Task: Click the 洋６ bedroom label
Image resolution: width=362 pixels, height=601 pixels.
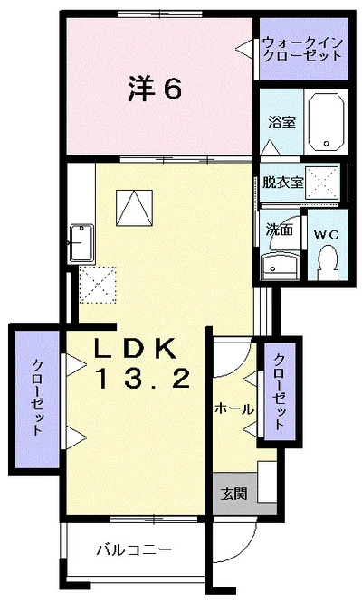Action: pos(156,89)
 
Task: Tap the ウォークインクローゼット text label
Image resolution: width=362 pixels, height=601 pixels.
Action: pos(301,48)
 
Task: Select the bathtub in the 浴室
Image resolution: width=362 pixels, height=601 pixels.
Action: pos(325,122)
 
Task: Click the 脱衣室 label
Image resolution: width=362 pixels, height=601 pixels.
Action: pos(282,181)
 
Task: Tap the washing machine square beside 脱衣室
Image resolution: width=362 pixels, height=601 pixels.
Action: pos(321,182)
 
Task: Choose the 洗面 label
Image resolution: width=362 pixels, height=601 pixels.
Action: pos(279,230)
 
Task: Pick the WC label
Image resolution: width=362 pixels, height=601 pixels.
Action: pos(326,233)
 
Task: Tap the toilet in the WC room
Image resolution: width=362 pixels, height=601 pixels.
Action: pos(328,262)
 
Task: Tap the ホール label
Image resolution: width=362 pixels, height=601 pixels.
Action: pos(233,409)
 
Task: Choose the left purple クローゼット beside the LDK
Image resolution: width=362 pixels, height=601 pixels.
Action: pos(36,398)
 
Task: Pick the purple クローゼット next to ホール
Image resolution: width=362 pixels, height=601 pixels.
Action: pos(280,393)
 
